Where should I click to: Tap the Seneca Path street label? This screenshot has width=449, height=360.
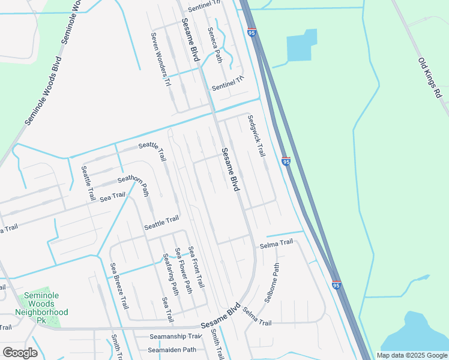point(214,45)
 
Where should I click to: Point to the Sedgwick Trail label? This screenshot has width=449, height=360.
point(256,136)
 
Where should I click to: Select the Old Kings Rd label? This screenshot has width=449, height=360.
point(430,77)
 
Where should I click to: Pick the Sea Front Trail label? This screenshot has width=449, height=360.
point(196,266)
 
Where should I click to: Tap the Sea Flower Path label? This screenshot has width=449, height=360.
point(182,270)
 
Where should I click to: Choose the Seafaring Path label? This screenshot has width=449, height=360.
point(171,274)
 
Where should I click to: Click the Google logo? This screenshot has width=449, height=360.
point(20,353)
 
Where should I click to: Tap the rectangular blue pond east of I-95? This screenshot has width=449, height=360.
point(301,46)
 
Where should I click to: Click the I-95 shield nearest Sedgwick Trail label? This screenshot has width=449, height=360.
point(286,161)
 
